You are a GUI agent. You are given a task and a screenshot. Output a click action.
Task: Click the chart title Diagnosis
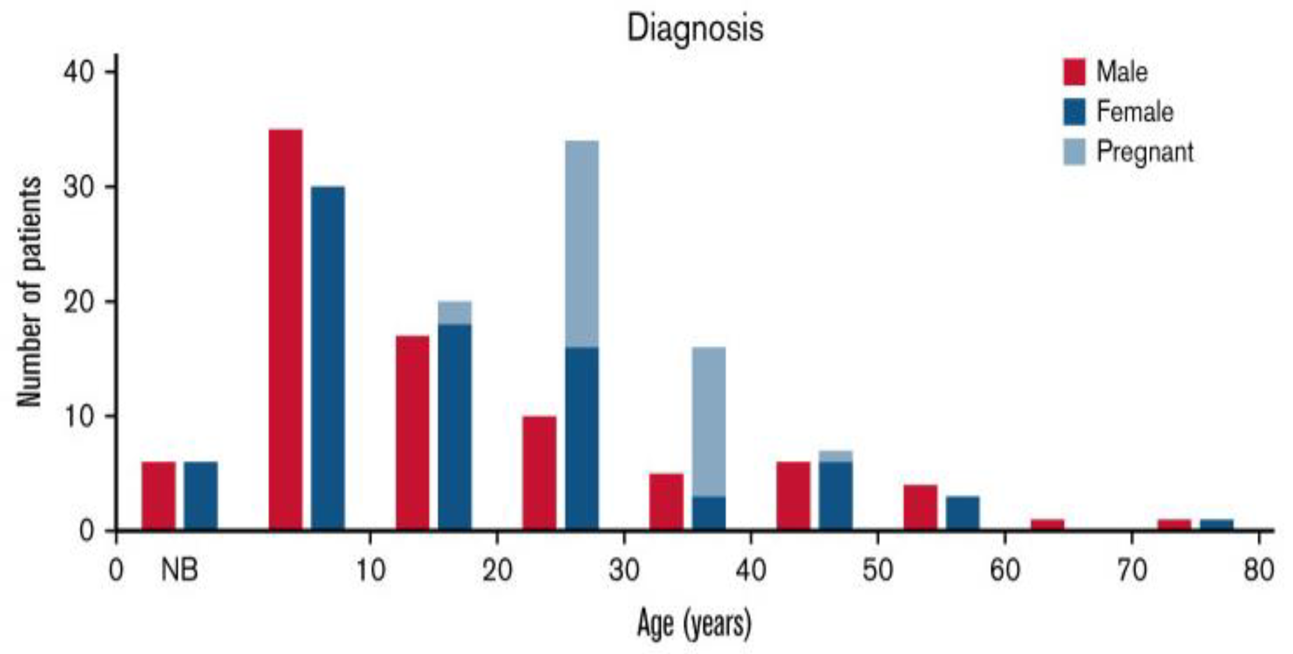695,29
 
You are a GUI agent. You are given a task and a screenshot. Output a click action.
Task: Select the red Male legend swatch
1074,72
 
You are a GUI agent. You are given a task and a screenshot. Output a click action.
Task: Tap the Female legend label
1134,111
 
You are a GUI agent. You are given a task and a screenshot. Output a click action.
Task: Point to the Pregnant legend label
1144,151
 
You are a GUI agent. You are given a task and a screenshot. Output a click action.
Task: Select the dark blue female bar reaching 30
328,358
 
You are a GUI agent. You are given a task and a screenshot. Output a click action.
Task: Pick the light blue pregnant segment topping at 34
582,244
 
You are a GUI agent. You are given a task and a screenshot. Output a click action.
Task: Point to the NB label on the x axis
179,571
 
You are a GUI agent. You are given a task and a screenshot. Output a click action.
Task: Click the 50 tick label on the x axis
877,571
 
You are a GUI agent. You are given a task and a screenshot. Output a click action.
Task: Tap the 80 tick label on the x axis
1258,571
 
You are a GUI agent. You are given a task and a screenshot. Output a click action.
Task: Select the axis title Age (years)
694,623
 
